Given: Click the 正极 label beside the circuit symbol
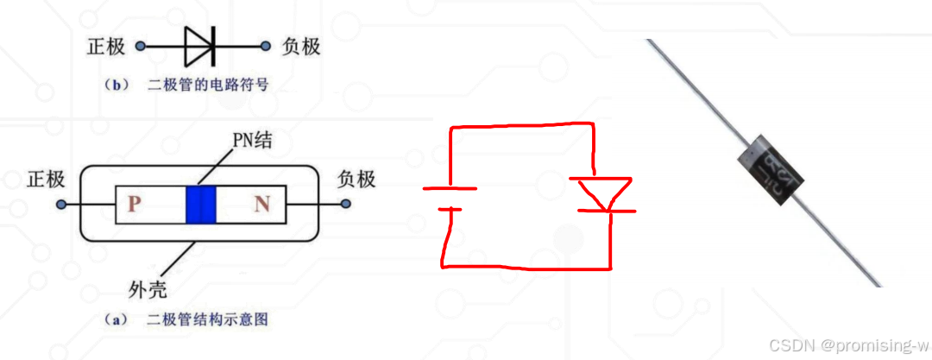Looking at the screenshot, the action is click(106, 46).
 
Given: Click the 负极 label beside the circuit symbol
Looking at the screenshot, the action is click(301, 46).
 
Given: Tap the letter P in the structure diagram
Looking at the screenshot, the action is click(134, 205).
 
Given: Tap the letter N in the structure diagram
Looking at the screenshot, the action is click(261, 205).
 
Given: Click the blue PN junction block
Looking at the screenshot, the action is click(200, 205).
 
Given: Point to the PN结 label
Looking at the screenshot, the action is click(252, 139).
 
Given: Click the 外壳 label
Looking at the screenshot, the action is click(143, 287).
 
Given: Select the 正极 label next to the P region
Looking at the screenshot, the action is click(46, 180).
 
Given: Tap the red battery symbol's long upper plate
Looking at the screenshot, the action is click(450, 188).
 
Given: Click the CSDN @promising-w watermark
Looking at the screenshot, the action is click(842, 345).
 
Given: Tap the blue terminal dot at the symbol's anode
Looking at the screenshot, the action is click(142, 47).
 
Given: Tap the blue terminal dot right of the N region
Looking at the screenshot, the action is click(346, 205).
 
